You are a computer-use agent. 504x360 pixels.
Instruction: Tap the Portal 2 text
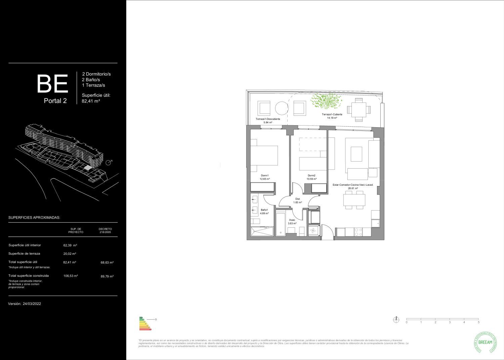55,101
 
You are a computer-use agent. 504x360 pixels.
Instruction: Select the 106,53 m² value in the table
71,276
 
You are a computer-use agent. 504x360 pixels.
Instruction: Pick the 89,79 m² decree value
107,276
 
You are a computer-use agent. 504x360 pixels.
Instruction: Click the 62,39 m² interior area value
70,245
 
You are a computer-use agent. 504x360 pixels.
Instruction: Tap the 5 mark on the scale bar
478,322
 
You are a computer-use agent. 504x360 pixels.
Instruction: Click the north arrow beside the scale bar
396,320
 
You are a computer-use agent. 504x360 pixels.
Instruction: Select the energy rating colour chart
145,323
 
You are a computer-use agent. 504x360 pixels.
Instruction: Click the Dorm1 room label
265,176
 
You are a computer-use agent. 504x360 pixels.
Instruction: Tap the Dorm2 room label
311,176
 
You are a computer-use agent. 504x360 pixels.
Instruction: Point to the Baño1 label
264,210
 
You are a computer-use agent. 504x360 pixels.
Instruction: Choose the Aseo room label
292,220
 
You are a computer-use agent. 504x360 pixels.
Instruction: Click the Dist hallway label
297,199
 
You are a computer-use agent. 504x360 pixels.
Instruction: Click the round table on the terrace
282,108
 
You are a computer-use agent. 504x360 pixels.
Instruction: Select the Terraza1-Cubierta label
332,115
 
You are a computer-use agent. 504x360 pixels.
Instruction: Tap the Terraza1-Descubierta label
268,119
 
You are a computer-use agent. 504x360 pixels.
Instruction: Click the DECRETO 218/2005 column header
105,230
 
